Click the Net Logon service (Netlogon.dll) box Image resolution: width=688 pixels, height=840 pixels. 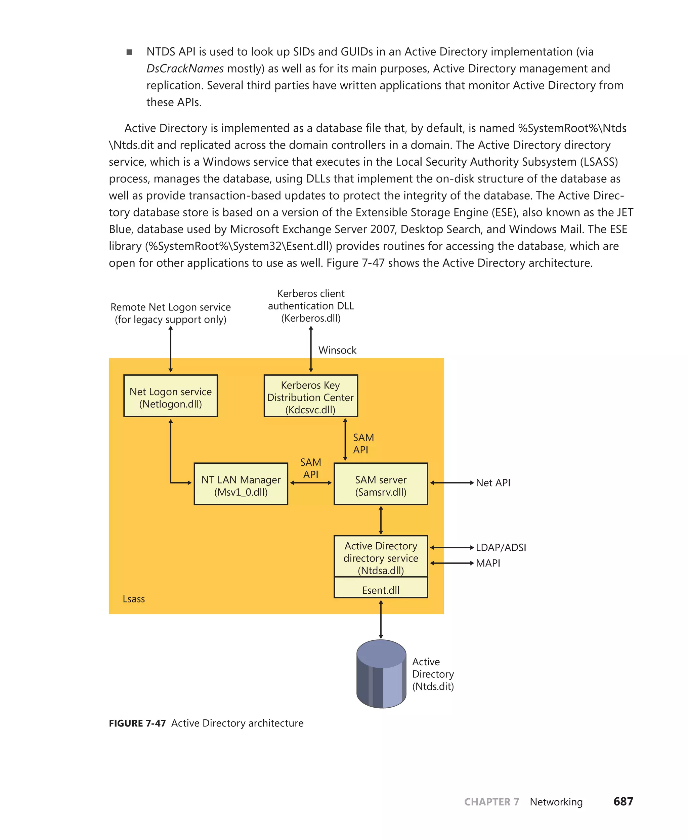point(170,395)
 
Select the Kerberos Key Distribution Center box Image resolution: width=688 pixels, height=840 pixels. point(311,395)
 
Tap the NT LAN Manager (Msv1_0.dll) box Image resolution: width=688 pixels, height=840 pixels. point(241,484)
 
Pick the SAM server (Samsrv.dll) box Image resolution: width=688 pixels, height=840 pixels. point(381,484)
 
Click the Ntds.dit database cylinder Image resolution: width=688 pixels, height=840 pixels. point(381,674)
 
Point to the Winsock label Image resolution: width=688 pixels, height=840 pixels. point(337,350)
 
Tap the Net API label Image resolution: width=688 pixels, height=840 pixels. point(492,483)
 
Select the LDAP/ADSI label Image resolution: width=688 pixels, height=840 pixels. point(501,547)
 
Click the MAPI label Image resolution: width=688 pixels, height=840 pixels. point(487,563)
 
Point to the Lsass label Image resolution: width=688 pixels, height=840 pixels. point(134,599)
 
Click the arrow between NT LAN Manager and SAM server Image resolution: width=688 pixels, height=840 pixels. point(311,483)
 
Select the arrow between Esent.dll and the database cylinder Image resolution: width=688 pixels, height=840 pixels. point(381,619)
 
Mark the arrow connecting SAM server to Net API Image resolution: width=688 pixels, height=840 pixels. point(452,483)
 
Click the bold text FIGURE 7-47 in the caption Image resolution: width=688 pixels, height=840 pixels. point(137,723)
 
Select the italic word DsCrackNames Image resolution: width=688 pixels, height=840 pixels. point(185,69)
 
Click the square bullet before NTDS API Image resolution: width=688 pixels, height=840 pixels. point(129,52)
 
